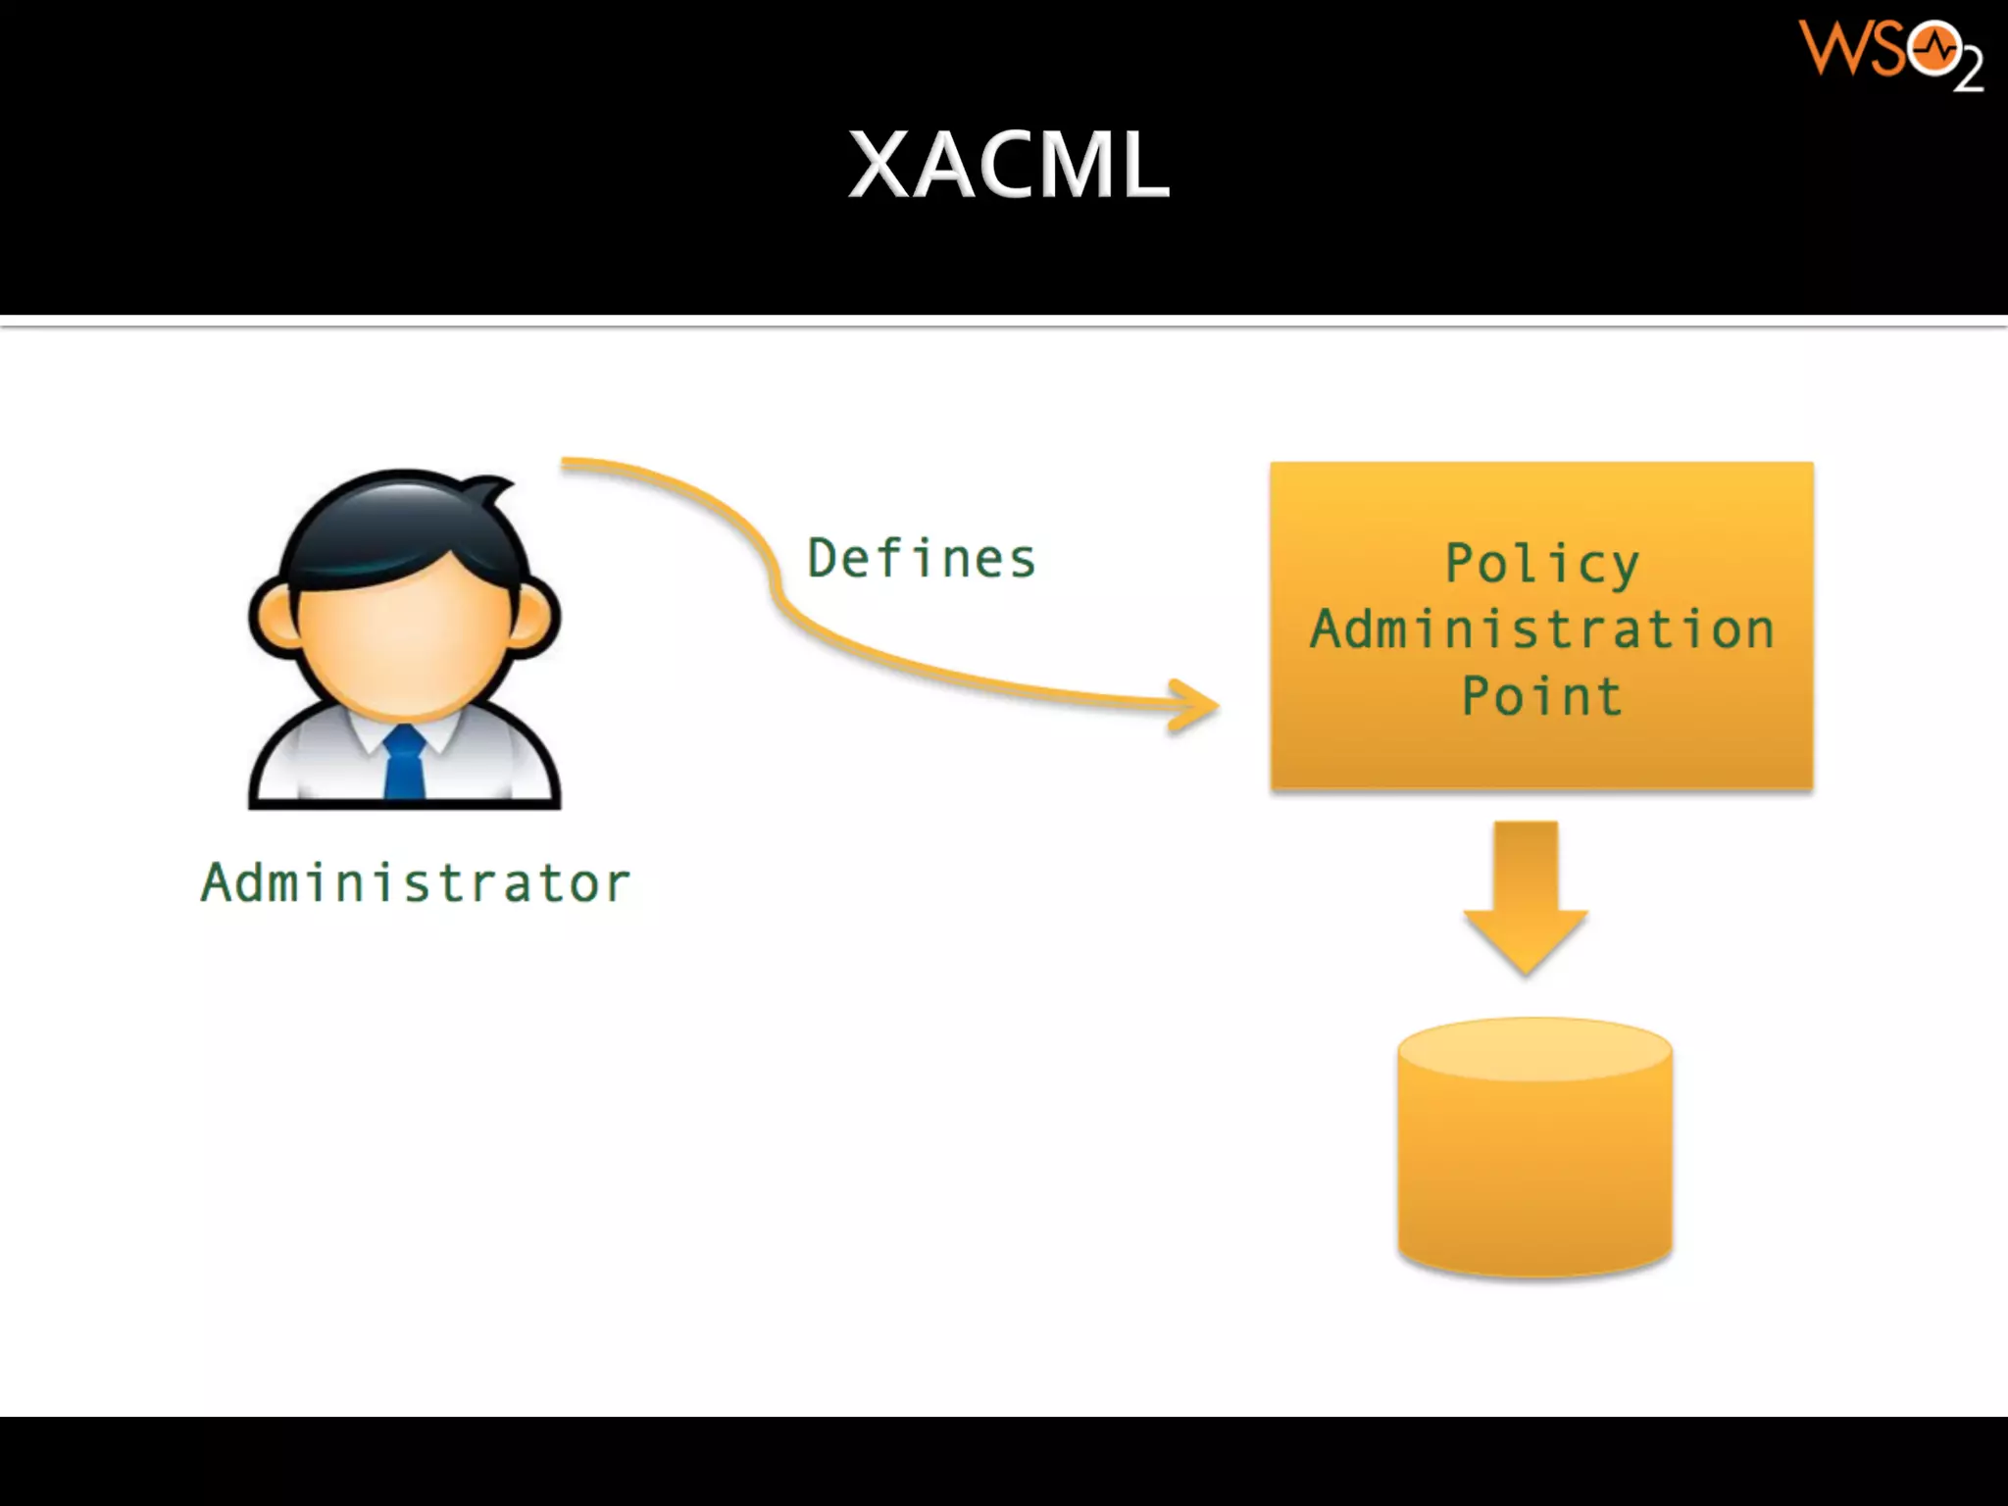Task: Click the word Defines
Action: click(921, 559)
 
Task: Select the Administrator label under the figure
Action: click(416, 882)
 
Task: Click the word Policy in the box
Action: click(1541, 564)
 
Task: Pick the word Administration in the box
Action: click(1541, 629)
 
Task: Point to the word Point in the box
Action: click(1541, 696)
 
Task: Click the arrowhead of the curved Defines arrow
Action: click(1197, 705)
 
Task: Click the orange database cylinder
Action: click(1534, 1167)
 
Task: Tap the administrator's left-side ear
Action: click(274, 618)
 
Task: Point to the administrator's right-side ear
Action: click(533, 618)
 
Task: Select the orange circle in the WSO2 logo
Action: click(1933, 49)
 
